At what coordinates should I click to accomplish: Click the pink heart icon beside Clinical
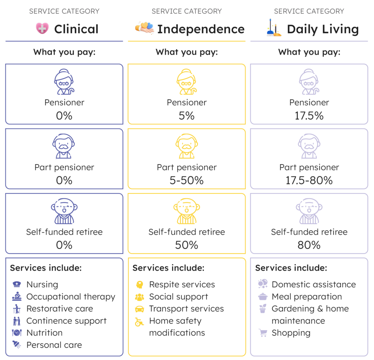[x=42, y=29]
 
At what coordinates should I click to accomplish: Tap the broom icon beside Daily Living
[x=274, y=28]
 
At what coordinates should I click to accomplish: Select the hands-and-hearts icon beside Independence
[x=144, y=28]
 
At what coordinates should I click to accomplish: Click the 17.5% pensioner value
[x=309, y=116]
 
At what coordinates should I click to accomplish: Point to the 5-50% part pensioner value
[x=187, y=180]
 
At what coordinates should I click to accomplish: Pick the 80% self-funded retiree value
[x=309, y=245]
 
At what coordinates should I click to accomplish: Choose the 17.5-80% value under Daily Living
[x=309, y=180]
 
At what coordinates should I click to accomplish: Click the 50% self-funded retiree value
[x=187, y=245]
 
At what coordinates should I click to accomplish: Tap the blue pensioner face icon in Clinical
[x=64, y=82]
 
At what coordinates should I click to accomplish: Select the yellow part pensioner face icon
[x=187, y=146]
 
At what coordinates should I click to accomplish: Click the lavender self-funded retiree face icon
[x=309, y=211]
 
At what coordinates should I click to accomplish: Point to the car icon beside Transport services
[x=140, y=309]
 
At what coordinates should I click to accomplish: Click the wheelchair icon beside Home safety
[x=139, y=322]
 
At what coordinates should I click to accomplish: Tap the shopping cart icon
[x=263, y=333]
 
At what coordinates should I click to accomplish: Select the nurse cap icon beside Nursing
[x=17, y=284]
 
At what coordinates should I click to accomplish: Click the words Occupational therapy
[x=71, y=297]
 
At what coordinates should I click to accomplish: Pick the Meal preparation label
[x=307, y=297]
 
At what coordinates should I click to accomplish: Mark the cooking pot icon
[x=263, y=296]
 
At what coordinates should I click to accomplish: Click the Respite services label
[x=182, y=285]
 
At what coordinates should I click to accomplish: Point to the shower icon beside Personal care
[x=17, y=345]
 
